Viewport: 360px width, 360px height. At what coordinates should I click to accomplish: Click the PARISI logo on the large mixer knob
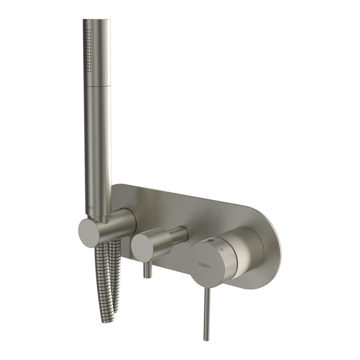point(203,264)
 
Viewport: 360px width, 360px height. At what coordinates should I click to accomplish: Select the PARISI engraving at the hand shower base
point(89,208)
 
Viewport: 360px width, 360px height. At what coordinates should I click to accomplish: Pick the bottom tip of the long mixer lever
point(206,338)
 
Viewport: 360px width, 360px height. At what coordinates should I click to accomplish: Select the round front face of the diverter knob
point(143,248)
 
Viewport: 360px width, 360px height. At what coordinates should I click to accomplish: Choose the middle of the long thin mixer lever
point(206,310)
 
